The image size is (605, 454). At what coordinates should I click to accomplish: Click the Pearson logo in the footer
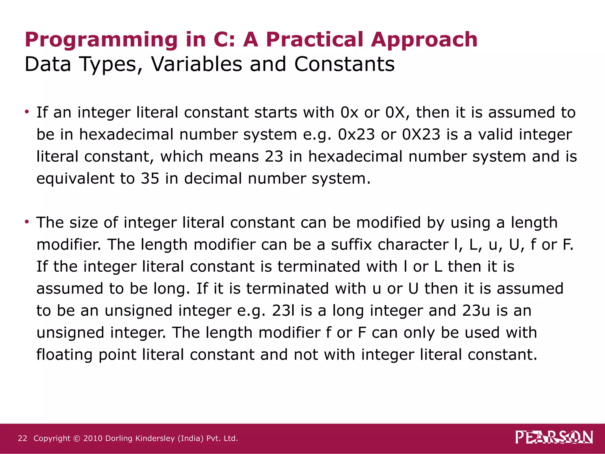click(554, 437)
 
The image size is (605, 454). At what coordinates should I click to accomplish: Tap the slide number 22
click(22, 438)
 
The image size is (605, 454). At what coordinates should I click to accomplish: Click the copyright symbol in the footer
click(77, 438)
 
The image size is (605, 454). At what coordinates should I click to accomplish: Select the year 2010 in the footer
click(93, 438)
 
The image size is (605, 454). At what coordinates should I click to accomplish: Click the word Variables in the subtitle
click(196, 64)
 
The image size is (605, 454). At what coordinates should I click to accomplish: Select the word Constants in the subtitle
click(344, 64)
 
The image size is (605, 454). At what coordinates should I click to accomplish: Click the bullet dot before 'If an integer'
click(27, 112)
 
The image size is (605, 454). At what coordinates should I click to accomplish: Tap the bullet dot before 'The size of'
click(27, 222)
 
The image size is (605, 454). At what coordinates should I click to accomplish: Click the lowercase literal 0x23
click(356, 134)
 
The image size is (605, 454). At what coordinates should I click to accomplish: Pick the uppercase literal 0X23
click(421, 134)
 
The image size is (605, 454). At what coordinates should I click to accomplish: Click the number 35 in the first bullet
click(150, 179)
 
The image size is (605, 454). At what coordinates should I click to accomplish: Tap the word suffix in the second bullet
click(351, 245)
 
